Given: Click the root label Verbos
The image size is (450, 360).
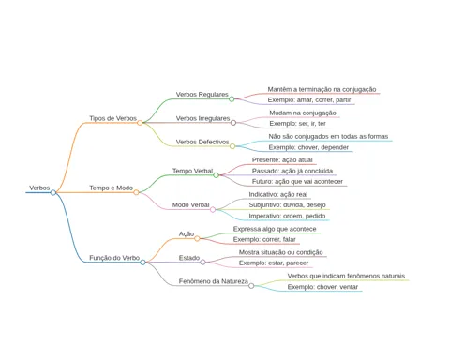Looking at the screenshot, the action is pyautogui.click(x=39, y=187).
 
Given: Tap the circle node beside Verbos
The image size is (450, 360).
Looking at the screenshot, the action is pyautogui.click(x=53, y=192).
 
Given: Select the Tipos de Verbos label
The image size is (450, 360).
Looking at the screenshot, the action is pyautogui.click(x=112, y=118).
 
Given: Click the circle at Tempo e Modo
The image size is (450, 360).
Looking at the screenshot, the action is pyautogui.click(x=136, y=192).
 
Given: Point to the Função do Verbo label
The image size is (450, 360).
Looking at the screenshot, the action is pyautogui.click(x=114, y=258).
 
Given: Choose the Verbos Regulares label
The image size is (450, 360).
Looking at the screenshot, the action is pyautogui.click(x=202, y=95).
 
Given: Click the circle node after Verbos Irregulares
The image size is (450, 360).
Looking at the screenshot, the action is pyautogui.click(x=233, y=123).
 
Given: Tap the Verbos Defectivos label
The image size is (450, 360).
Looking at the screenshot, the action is pyautogui.click(x=202, y=142).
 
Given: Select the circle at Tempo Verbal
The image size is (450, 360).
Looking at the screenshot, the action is pyautogui.click(x=216, y=175).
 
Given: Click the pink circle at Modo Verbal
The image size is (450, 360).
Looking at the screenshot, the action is pyautogui.click(x=213, y=209).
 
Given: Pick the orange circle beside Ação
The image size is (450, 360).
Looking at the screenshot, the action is pyautogui.click(x=197, y=239).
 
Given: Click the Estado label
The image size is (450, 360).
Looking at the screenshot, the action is pyautogui.click(x=189, y=258).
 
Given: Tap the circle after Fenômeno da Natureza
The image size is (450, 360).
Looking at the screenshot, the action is pyautogui.click(x=251, y=286).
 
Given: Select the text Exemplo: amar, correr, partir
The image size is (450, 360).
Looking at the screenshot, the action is pyautogui.click(x=309, y=100).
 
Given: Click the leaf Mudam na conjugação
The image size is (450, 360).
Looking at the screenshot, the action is pyautogui.click(x=303, y=112).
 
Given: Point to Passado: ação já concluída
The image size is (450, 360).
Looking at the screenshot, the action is pyautogui.click(x=292, y=171).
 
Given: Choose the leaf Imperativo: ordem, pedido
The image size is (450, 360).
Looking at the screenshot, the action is pyautogui.click(x=287, y=216).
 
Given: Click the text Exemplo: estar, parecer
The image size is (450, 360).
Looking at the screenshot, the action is pyautogui.click(x=274, y=263).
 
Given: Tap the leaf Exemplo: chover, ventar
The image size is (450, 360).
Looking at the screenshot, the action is pyautogui.click(x=322, y=287).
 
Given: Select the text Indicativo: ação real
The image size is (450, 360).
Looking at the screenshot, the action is pyautogui.click(x=278, y=194).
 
